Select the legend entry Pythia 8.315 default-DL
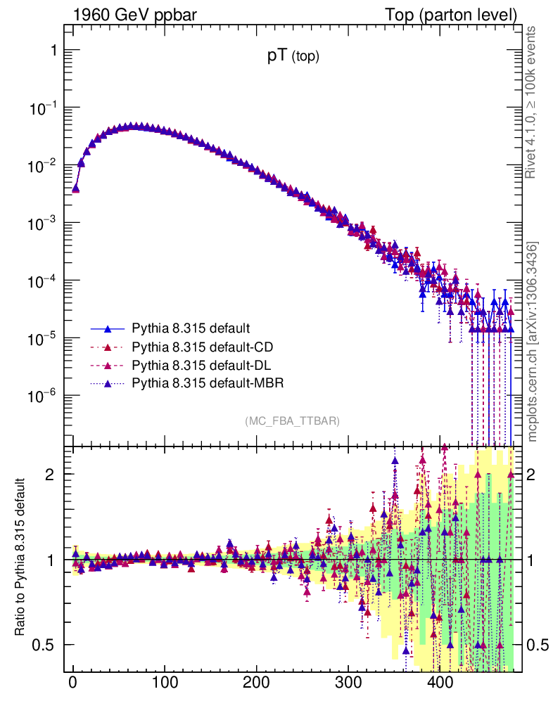(201, 365)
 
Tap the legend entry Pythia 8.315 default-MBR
(208, 382)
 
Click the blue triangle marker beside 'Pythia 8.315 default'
(108, 328)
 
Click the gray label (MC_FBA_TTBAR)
(293, 421)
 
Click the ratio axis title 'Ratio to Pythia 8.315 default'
(20, 558)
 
